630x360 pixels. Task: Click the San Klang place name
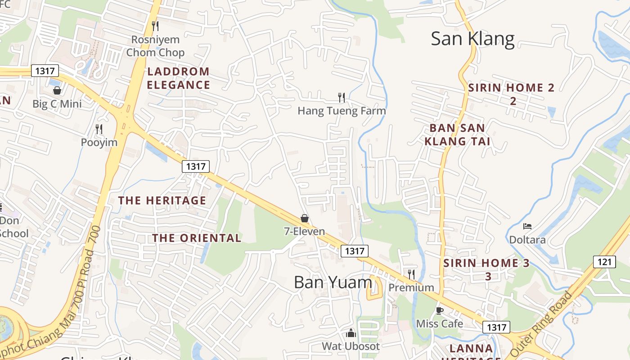point(472,39)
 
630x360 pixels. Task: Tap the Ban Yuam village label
point(333,282)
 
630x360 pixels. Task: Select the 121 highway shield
point(604,261)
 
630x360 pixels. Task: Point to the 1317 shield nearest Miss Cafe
point(496,327)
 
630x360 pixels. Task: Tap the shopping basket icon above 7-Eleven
point(305,218)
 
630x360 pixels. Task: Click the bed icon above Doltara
point(527,226)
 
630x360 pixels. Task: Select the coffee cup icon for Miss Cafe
point(440,310)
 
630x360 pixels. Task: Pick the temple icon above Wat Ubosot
point(351,333)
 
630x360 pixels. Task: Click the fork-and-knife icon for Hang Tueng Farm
point(342,97)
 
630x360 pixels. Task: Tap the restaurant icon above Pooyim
point(99,129)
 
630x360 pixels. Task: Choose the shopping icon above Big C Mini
point(57,90)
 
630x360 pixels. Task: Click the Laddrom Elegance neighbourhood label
point(178,78)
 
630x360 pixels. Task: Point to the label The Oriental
point(197,238)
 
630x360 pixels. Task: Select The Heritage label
point(162,201)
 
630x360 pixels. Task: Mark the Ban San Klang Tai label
point(457,135)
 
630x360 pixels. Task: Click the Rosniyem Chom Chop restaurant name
point(155,46)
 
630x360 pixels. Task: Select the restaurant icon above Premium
point(411,274)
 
